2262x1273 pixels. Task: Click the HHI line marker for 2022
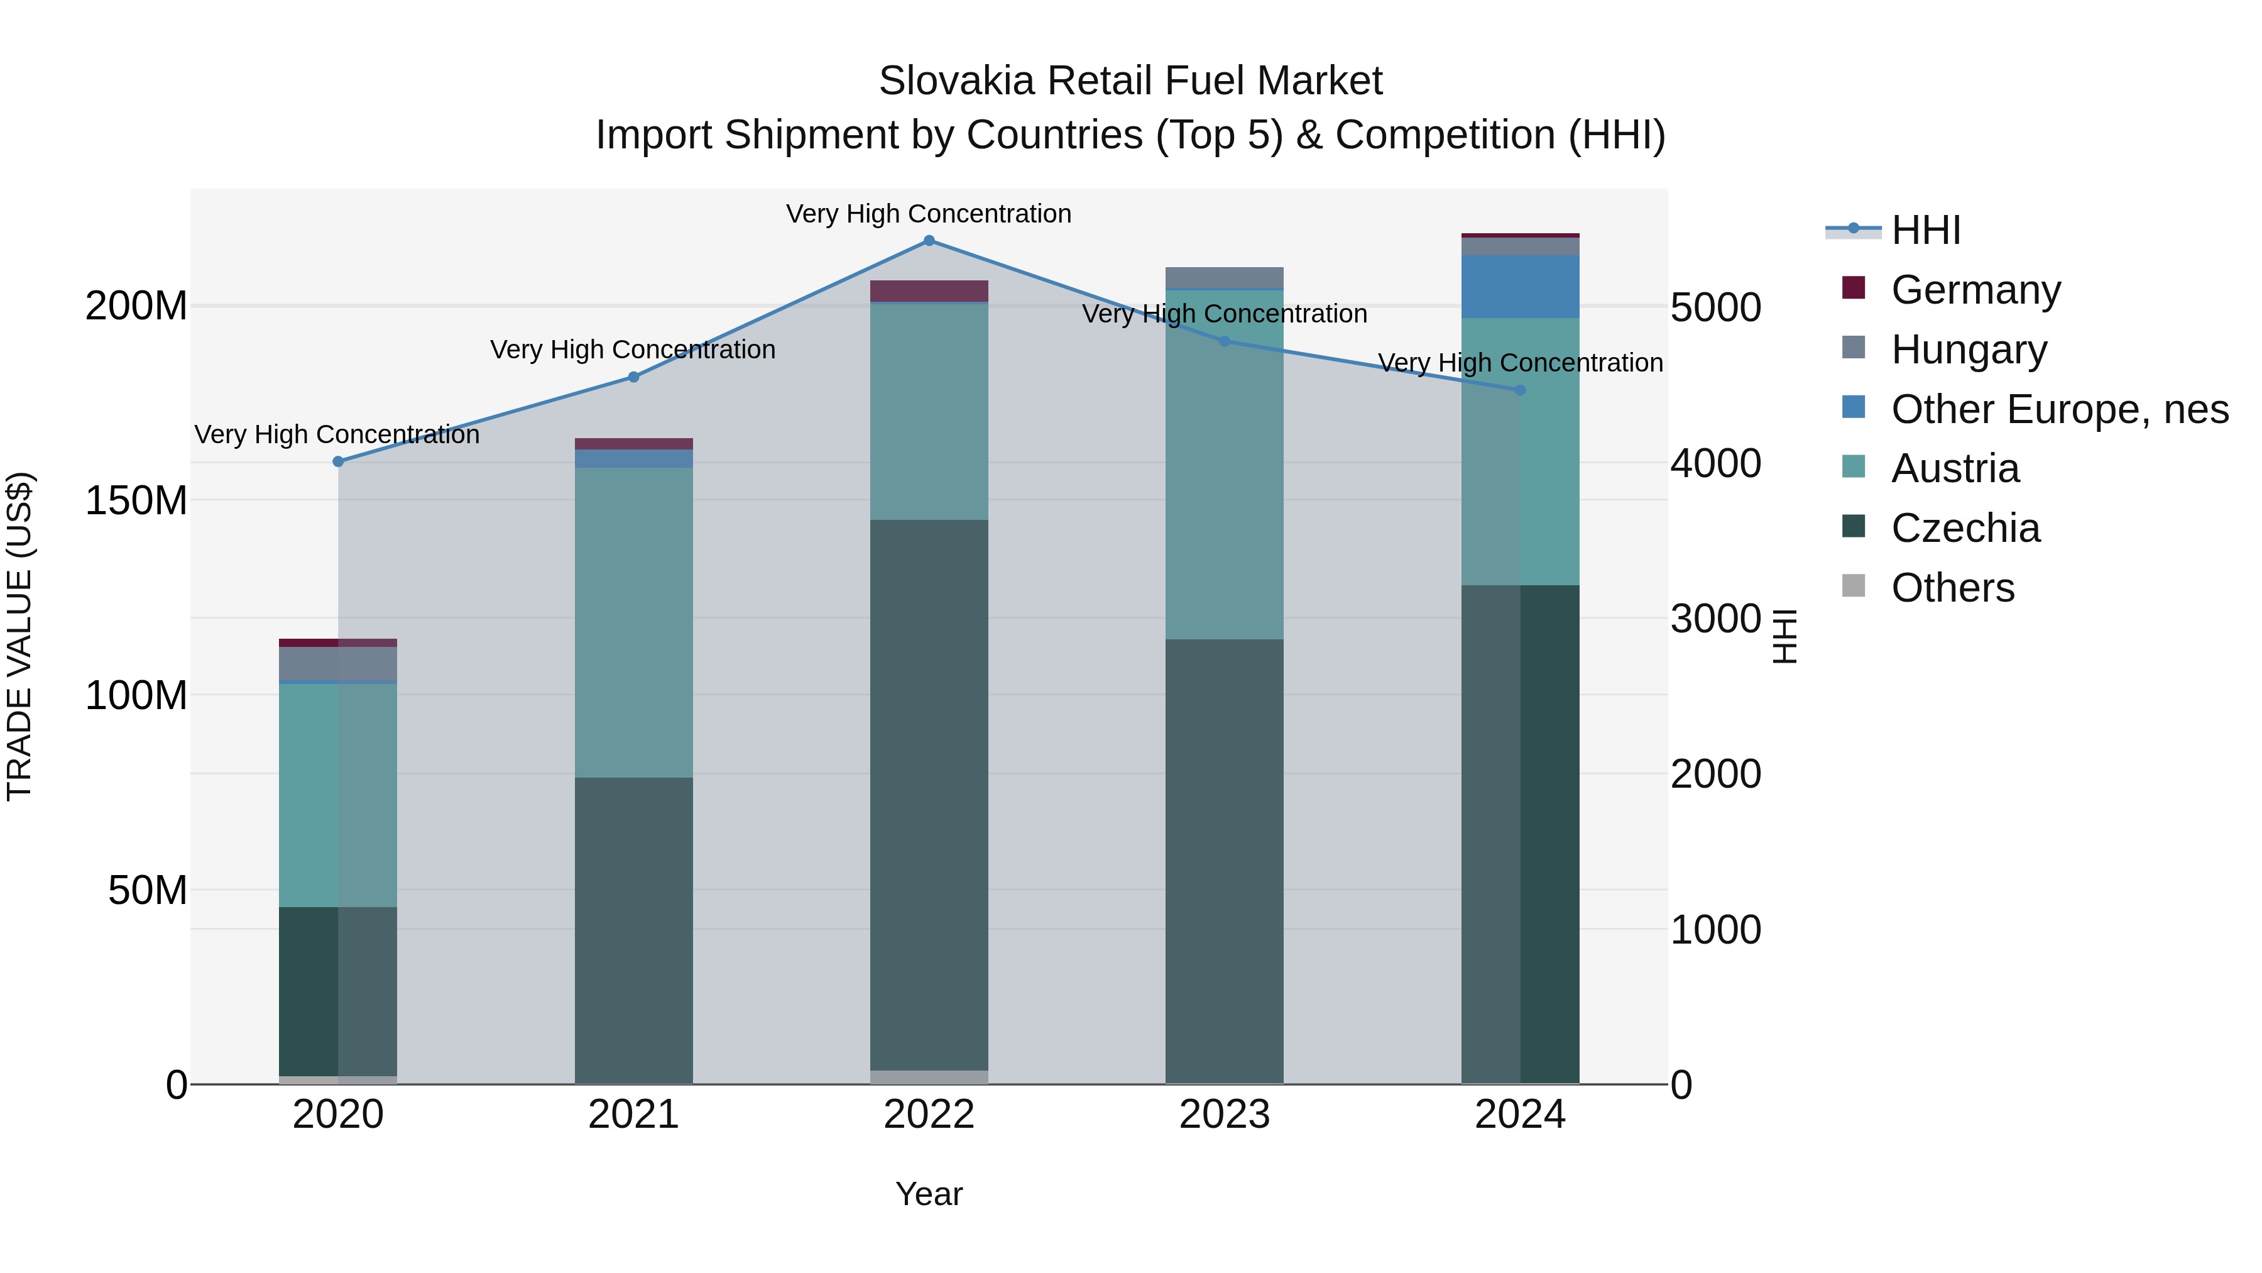(929, 240)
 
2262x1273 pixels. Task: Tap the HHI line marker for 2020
(338, 461)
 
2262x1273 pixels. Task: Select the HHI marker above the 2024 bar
(1520, 390)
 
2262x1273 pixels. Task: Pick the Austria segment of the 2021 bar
(633, 622)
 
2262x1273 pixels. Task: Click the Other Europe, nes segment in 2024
(1520, 287)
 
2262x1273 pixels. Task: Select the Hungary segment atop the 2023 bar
(1224, 278)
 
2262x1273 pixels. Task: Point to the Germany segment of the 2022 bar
(929, 291)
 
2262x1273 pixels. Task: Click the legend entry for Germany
(1975, 290)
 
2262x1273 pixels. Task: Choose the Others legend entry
(1952, 588)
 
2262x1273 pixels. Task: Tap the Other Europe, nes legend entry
(2059, 409)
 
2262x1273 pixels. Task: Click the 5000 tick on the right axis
(1715, 309)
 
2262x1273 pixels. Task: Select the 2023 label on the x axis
(1224, 1115)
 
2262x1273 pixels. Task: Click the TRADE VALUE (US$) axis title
(19, 636)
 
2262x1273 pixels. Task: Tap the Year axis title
(929, 1194)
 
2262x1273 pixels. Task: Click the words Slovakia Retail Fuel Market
(1130, 81)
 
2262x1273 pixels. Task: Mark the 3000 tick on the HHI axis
(1715, 619)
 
